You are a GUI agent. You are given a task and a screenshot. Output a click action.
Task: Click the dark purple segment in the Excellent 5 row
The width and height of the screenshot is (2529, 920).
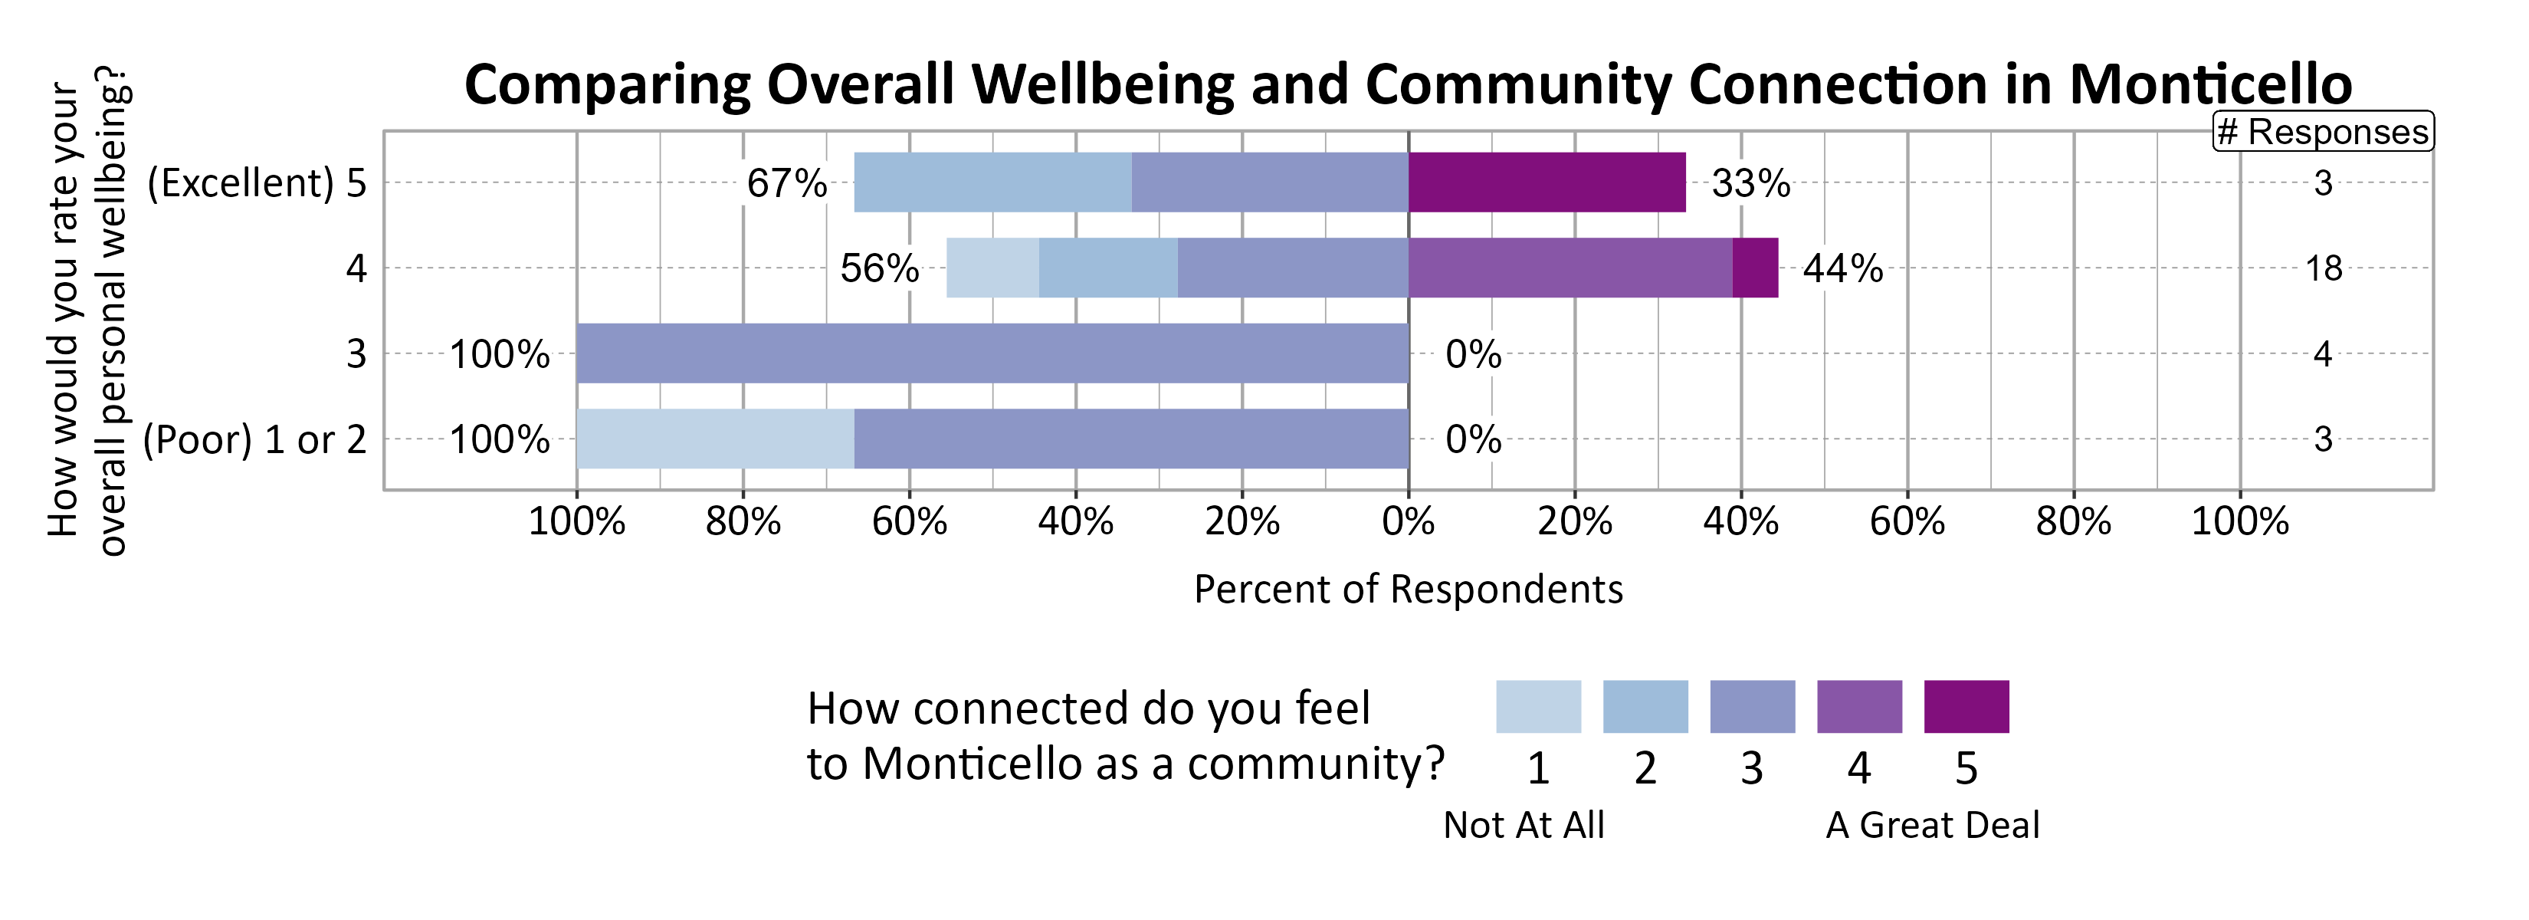point(1547,182)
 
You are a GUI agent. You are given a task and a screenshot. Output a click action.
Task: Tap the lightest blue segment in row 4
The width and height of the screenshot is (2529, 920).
point(992,268)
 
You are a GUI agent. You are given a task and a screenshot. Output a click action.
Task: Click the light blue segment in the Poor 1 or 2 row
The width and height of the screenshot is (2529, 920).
point(715,439)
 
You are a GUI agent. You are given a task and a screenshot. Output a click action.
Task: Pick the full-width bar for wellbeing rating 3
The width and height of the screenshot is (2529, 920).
point(992,353)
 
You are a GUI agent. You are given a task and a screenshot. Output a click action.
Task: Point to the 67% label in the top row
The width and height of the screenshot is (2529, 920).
point(786,183)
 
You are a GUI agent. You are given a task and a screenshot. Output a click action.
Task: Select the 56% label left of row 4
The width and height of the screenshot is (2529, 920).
point(879,268)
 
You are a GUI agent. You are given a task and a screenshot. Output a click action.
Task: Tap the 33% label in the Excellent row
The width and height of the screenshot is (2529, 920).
point(1750,183)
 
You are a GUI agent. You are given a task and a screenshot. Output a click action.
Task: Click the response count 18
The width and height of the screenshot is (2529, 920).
point(2323,268)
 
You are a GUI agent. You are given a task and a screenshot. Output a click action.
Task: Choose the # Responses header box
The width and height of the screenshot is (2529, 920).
point(2323,132)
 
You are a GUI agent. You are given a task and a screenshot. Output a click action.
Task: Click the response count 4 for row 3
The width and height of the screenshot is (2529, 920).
point(2322,353)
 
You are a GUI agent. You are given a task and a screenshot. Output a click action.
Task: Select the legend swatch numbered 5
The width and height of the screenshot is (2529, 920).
point(1966,706)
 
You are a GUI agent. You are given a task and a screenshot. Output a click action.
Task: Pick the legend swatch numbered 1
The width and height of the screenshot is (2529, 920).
point(1537,706)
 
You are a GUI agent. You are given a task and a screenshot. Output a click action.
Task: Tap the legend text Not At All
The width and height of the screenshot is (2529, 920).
point(1523,825)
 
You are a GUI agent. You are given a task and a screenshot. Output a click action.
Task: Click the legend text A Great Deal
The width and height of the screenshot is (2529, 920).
point(1931,825)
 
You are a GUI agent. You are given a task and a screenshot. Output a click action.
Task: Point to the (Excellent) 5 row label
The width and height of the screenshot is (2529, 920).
point(256,183)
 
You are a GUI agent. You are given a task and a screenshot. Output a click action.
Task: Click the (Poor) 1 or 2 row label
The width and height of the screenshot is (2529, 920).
point(254,440)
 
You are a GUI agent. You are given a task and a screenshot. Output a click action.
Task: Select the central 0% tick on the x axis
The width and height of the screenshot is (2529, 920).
point(1408,521)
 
